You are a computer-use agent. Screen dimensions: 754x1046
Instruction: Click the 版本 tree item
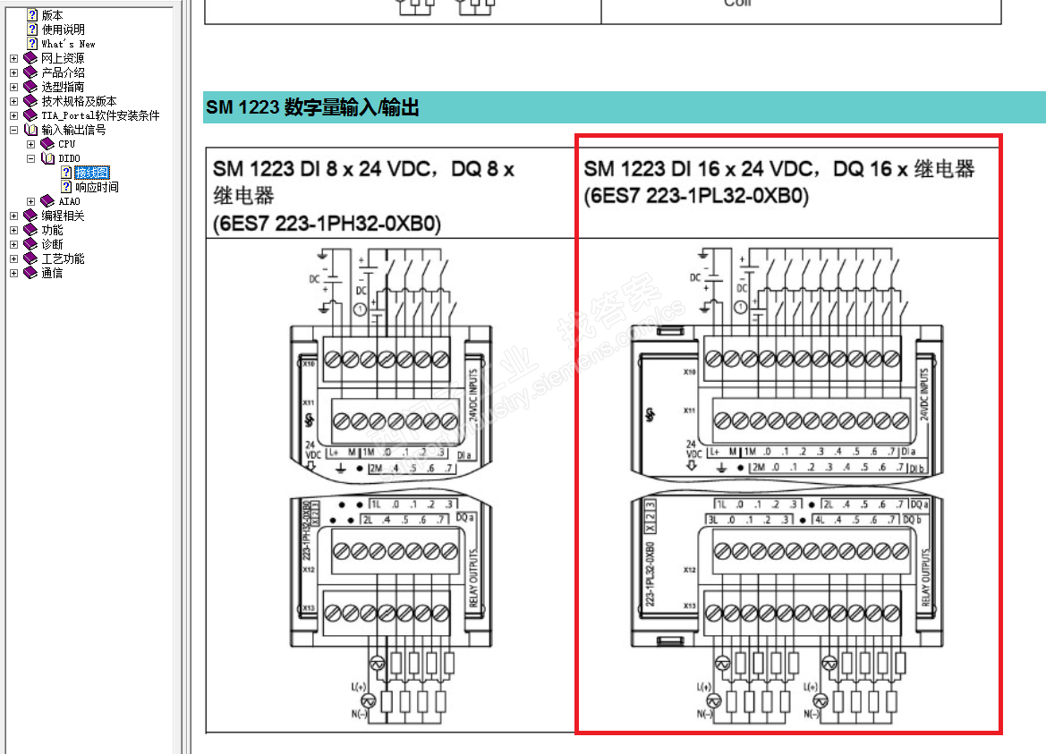click(52, 15)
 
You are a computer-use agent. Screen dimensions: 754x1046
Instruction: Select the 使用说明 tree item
click(63, 30)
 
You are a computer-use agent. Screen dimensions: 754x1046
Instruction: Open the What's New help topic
click(68, 44)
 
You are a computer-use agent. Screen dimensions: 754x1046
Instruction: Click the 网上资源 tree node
click(63, 58)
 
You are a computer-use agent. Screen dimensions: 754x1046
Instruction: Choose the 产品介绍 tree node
click(63, 72)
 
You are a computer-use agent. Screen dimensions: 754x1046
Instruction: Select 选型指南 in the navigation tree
click(63, 87)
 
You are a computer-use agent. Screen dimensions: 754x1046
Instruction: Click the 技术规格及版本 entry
click(79, 101)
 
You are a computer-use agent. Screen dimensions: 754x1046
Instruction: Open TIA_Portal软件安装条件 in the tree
click(100, 115)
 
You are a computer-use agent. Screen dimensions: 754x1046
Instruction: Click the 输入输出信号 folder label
click(73, 130)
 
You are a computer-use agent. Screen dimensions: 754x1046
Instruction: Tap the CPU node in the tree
click(67, 144)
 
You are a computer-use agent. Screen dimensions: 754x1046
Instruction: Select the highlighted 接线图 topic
click(92, 173)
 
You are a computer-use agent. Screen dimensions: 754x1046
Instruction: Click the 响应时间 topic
click(97, 187)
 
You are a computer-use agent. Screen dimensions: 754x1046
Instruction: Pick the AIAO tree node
click(69, 201)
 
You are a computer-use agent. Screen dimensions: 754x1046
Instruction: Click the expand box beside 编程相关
click(13, 216)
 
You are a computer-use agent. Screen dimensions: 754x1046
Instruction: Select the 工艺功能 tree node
click(63, 258)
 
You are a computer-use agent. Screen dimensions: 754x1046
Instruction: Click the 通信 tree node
click(52, 273)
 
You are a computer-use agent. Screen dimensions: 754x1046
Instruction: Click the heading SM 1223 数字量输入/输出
click(312, 108)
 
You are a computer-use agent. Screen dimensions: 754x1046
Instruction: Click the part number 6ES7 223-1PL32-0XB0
click(696, 197)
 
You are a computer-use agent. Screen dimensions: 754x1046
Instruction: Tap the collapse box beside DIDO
click(30, 158)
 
